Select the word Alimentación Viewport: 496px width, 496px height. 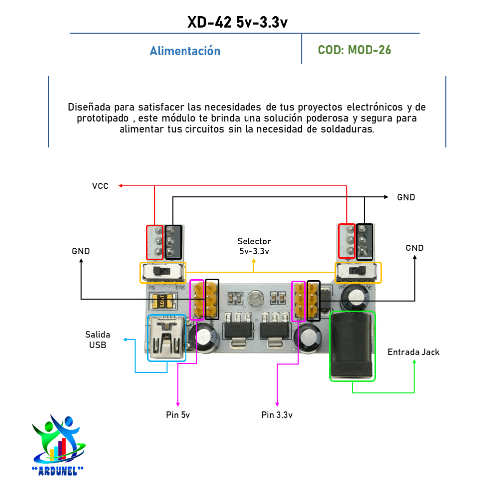pyautogui.click(x=185, y=51)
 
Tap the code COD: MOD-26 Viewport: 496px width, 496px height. pyautogui.click(x=354, y=50)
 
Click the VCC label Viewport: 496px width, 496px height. pyautogui.click(x=100, y=186)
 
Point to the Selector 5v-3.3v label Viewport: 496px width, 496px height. pyautogui.click(x=254, y=246)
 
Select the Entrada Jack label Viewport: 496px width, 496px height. pyautogui.click(x=413, y=352)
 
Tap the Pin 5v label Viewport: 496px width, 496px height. pyautogui.click(x=178, y=415)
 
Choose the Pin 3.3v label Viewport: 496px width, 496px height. pyautogui.click(x=277, y=415)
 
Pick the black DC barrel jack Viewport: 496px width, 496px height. pyautogui.click(x=353, y=346)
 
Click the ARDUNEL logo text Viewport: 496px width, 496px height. pyautogui.click(x=58, y=470)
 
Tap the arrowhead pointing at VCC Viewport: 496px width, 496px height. pyautogui.click(x=120, y=186)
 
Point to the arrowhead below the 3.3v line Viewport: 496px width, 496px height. pyautogui.click(x=277, y=405)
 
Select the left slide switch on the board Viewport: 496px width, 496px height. pyautogui.click(x=163, y=272)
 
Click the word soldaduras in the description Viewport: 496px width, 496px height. pyautogui.click(x=353, y=129)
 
